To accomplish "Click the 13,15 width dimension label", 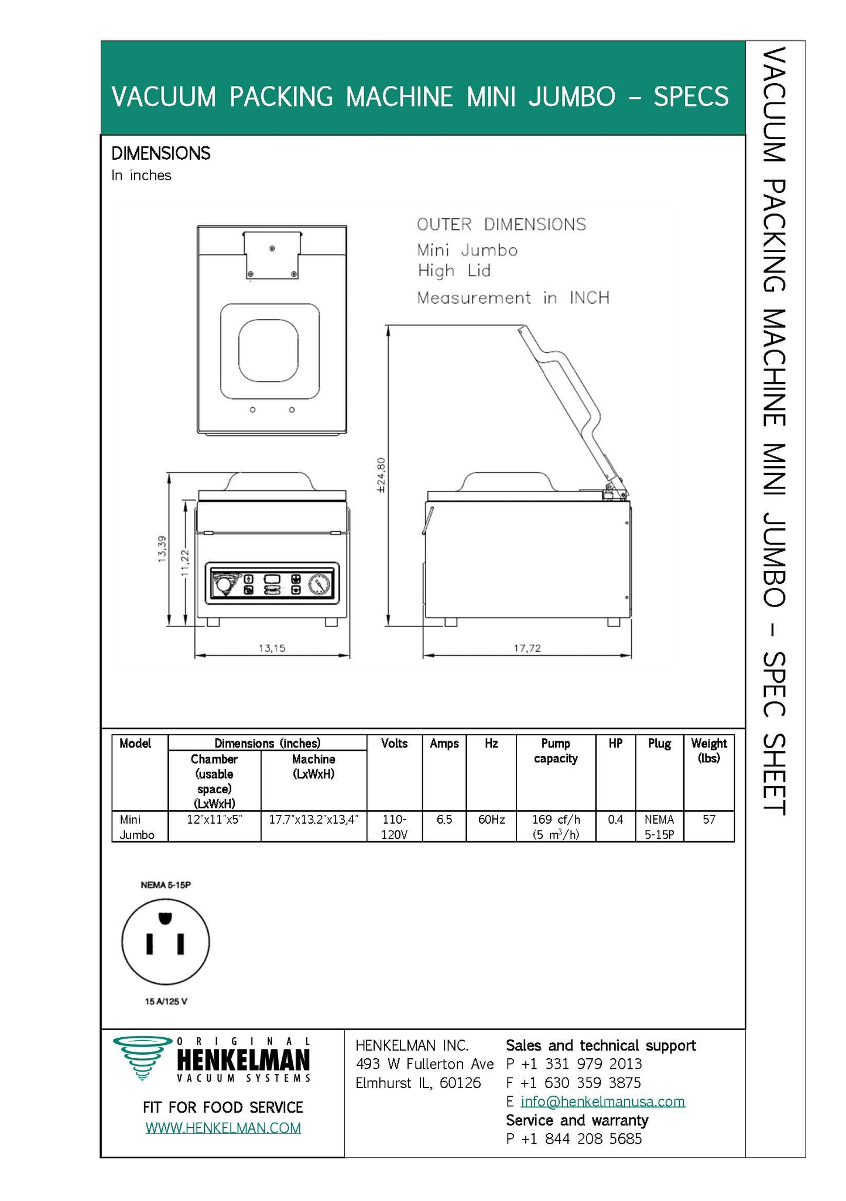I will click(x=272, y=648).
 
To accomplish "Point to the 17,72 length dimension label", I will click(x=527, y=648).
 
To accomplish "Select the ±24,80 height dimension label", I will click(x=381, y=474).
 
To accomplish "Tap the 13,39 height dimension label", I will click(x=162, y=549).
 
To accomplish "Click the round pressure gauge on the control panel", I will click(x=318, y=584).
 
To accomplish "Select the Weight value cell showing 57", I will click(x=708, y=820).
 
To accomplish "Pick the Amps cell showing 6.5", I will click(x=444, y=820).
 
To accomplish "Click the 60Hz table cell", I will click(x=491, y=820).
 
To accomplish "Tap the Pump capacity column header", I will click(x=555, y=751).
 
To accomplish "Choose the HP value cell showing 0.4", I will click(x=615, y=820).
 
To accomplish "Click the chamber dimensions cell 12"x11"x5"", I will click(x=214, y=820).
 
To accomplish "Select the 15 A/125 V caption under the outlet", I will click(x=166, y=1002).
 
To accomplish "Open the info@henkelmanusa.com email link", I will click(x=602, y=1102).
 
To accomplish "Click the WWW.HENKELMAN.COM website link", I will click(x=223, y=1128).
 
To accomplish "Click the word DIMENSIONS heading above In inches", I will click(x=160, y=153).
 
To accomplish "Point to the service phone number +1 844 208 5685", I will click(x=581, y=1139).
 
